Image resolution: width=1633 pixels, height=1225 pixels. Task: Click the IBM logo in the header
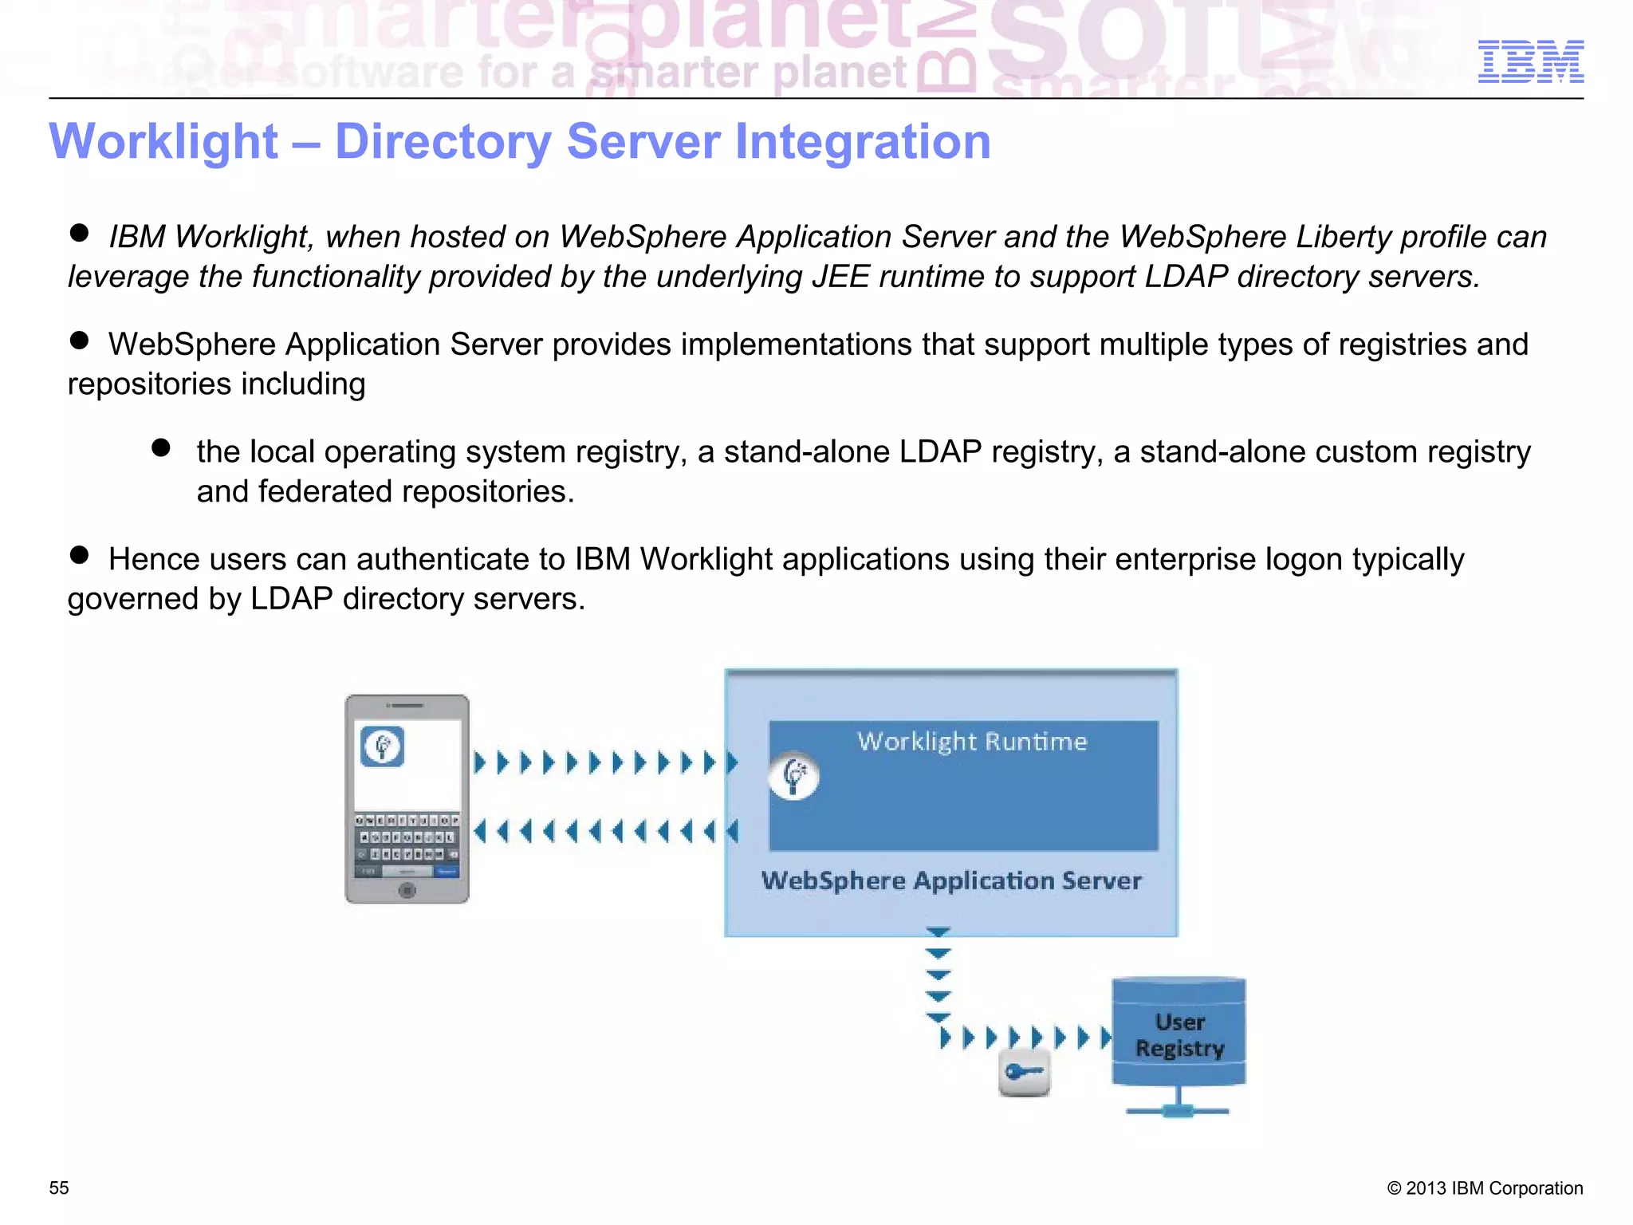pos(1530,61)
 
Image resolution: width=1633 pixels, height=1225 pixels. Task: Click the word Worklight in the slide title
pos(163,142)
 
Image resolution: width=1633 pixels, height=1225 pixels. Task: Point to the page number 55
pos(59,1188)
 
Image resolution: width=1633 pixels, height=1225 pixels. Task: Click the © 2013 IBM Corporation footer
pos(1485,1188)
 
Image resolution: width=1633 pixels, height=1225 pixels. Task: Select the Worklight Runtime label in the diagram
pos(972,742)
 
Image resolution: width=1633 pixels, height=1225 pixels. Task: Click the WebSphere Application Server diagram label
pos(951,880)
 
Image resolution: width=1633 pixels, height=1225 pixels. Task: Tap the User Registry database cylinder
pos(1179,1034)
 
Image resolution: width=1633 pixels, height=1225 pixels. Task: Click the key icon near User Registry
pos(1025,1073)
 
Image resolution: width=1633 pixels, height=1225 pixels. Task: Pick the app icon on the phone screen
pos(383,746)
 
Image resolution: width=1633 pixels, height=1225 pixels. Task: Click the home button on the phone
pos(407,890)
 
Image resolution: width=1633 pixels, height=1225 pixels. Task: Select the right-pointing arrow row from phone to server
pos(605,762)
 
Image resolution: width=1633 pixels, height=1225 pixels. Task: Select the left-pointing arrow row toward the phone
pos(605,832)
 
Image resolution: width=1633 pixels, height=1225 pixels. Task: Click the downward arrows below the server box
pos(938,975)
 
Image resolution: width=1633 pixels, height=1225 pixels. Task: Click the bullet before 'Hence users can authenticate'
pos(79,555)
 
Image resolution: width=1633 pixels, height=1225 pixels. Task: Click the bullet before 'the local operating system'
pos(161,447)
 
